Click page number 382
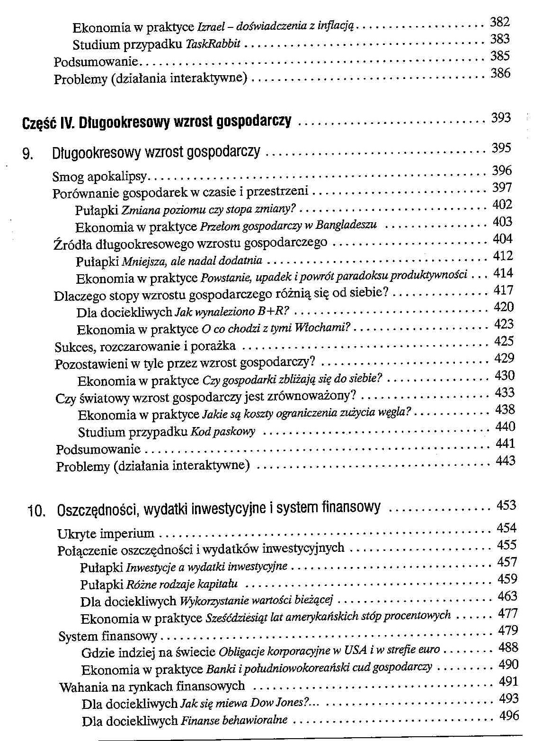point(499,22)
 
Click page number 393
point(501,118)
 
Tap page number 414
point(503,273)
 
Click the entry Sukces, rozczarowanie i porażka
point(145,347)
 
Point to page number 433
point(505,392)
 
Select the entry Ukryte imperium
point(106,533)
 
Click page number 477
point(508,613)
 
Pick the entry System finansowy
point(108,636)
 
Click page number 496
point(509,716)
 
